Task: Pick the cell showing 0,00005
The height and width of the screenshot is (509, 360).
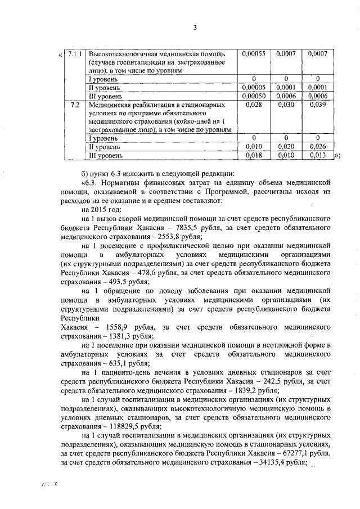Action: tap(253, 88)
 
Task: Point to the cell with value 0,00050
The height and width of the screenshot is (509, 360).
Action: tap(253, 96)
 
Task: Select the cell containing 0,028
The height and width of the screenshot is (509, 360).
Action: tap(253, 105)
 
